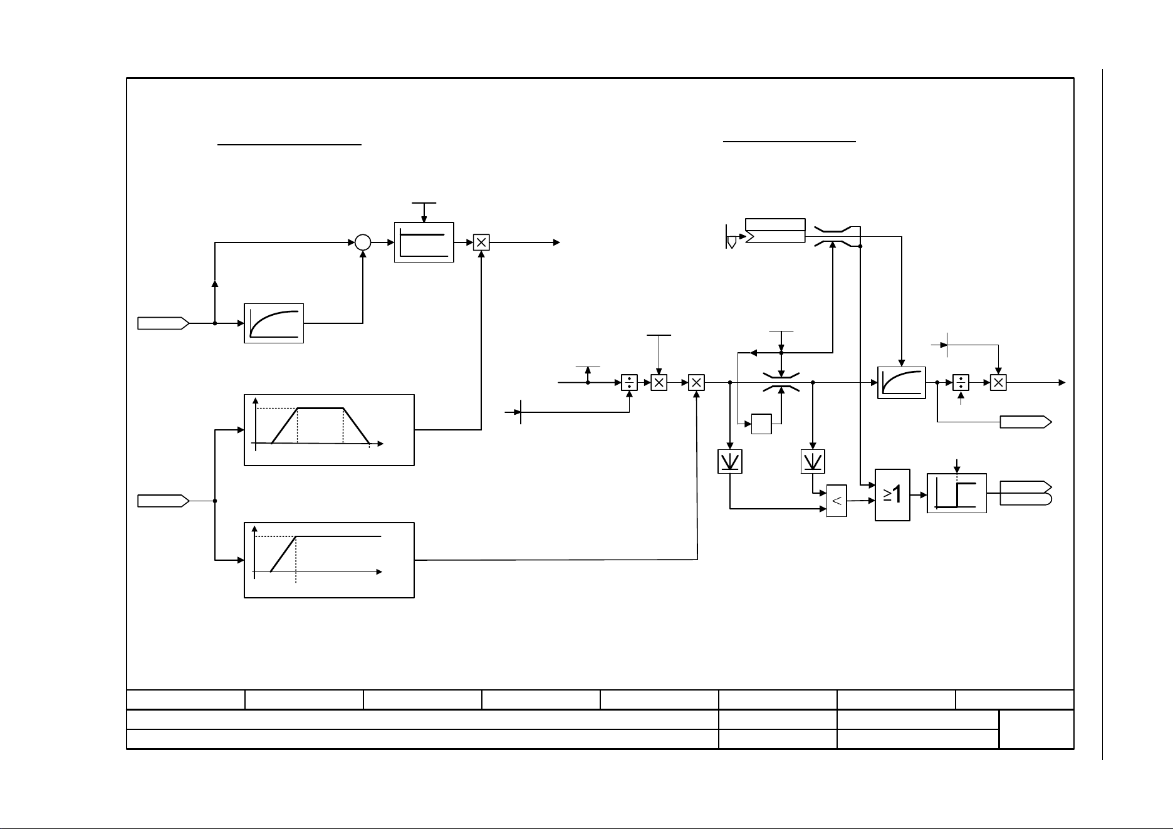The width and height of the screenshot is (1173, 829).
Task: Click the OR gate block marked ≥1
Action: [x=892, y=494]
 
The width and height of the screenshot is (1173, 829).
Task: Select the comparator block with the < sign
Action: [x=837, y=501]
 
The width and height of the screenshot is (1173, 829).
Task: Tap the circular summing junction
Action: [x=363, y=242]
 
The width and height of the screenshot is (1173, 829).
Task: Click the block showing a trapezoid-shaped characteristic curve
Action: [x=329, y=430]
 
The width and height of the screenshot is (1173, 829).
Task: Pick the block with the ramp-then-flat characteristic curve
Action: [x=329, y=560]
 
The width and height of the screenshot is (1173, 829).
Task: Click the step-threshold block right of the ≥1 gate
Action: [x=957, y=493]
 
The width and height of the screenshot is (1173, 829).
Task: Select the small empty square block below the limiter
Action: [x=761, y=424]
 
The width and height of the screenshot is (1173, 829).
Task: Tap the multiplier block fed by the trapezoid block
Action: [x=481, y=242]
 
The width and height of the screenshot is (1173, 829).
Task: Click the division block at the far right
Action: [x=961, y=382]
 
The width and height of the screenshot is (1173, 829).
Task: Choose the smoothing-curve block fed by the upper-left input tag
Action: [x=274, y=323]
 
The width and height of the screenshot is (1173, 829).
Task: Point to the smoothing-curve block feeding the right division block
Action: [x=902, y=382]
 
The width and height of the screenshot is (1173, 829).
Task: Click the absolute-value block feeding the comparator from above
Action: [x=813, y=461]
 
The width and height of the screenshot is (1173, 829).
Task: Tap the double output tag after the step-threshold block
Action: [x=1026, y=493]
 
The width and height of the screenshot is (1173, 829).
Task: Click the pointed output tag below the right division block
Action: [x=1026, y=422]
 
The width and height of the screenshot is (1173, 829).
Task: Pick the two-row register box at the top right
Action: [x=775, y=231]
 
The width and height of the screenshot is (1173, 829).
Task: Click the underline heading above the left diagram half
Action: [x=289, y=144]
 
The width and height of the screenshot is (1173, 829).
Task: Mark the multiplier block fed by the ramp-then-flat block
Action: [x=697, y=382]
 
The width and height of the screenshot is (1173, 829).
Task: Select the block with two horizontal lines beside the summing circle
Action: [x=424, y=242]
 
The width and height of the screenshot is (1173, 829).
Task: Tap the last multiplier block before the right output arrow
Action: [x=998, y=382]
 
